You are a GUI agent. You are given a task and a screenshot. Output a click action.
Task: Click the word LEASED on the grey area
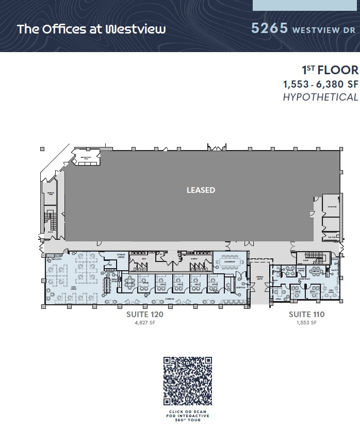(201, 190)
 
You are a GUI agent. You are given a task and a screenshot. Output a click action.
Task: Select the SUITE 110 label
(306, 314)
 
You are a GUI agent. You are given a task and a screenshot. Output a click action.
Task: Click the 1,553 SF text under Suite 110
(306, 323)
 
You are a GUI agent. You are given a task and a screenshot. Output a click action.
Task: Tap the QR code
(188, 381)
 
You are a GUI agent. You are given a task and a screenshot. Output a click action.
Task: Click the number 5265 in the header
(269, 28)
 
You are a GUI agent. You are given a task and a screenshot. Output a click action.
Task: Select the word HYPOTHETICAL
(320, 97)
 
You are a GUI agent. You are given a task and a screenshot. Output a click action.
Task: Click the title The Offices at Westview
(91, 29)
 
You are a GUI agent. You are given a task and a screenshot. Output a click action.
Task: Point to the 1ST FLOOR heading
(330, 70)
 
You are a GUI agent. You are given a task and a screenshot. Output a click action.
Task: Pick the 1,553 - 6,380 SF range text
(320, 84)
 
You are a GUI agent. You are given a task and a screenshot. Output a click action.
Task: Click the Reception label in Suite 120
(240, 288)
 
